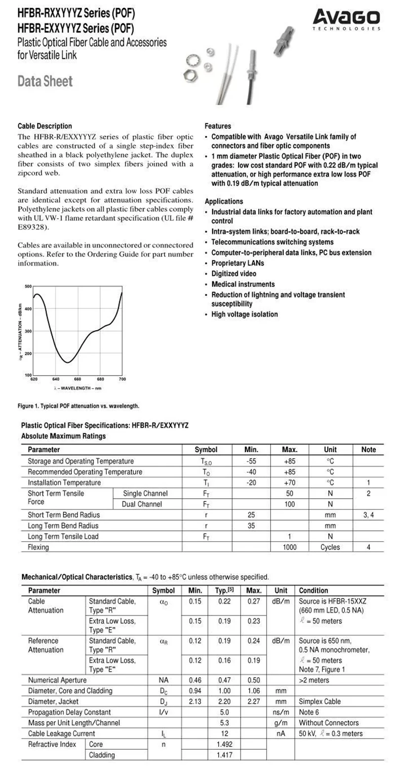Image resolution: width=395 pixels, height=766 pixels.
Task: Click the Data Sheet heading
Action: [45, 81]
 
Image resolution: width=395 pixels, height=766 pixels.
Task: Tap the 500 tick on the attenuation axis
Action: [28, 286]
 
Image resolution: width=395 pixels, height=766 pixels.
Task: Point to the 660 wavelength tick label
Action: [78, 379]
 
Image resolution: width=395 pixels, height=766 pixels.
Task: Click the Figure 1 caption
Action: [79, 406]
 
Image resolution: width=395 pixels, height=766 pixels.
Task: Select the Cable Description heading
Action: [44, 126]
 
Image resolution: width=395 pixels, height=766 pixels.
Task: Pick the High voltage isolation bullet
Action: [244, 314]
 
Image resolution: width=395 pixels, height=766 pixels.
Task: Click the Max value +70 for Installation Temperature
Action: [289, 482]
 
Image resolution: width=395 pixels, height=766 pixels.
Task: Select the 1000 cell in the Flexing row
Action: [289, 547]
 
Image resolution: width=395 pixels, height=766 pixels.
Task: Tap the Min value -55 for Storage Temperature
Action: [251, 461]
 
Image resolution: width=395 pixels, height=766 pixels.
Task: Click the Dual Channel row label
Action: [142, 504]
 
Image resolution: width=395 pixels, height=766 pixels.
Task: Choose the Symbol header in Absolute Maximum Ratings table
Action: [206, 450]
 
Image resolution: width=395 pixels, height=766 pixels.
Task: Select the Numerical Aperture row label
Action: [57, 680]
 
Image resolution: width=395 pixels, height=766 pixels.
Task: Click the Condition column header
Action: [314, 590]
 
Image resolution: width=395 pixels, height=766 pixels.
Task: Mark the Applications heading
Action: [224, 201]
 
